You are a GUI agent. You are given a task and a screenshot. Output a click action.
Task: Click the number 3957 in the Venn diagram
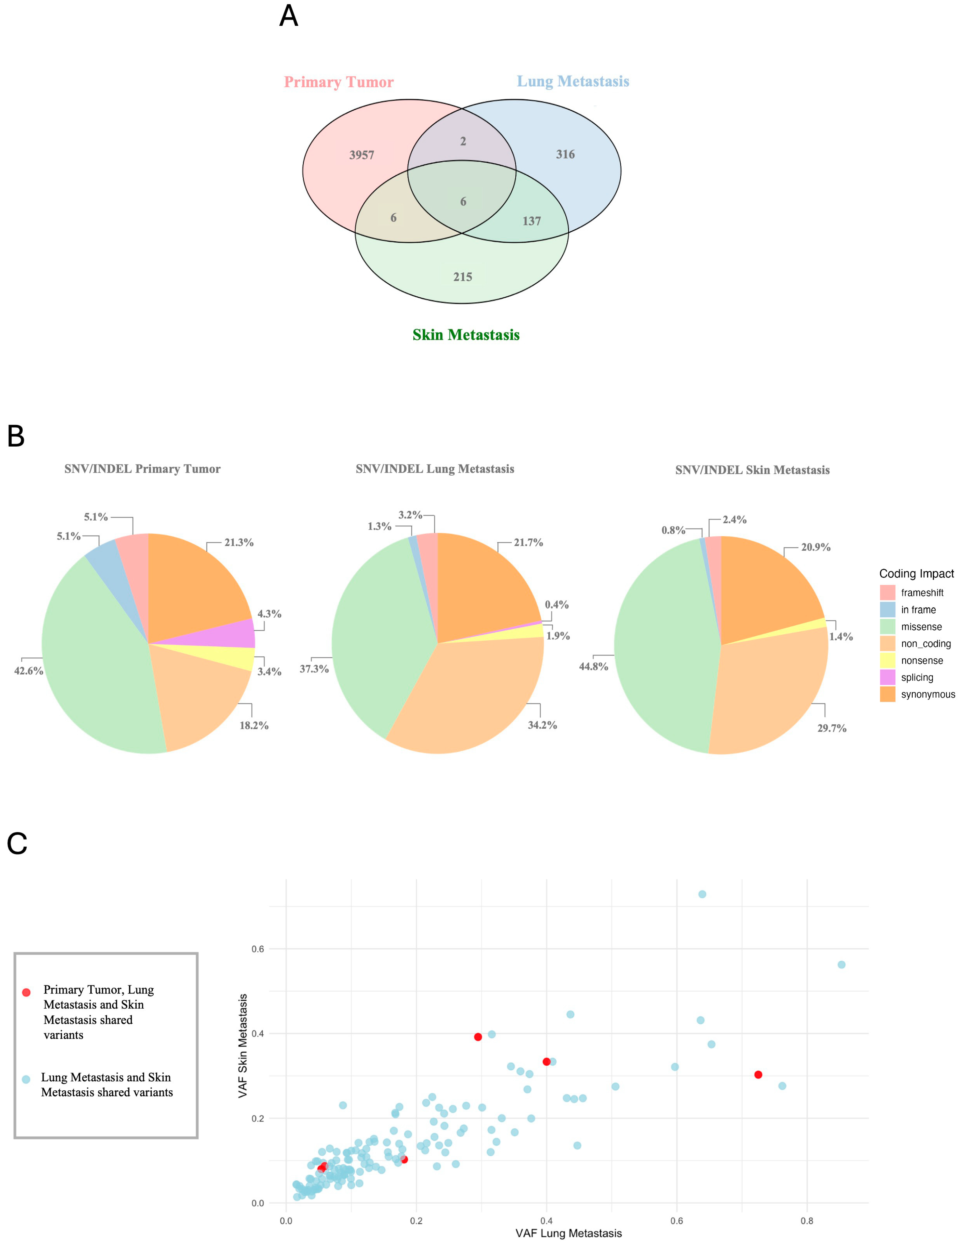361,155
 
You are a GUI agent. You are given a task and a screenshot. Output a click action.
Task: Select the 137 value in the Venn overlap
531,221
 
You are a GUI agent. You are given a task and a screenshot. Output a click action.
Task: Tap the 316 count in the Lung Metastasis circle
565,154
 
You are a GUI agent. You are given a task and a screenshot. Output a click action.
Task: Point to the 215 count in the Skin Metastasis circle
463,277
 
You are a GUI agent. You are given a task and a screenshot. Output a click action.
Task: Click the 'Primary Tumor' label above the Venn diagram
338,82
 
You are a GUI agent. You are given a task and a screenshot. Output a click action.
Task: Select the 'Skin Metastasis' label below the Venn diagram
466,335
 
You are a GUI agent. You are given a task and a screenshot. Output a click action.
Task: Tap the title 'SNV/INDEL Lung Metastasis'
435,469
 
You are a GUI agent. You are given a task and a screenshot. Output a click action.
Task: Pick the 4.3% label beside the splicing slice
269,614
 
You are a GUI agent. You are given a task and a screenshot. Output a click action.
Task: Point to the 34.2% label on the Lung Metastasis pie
542,725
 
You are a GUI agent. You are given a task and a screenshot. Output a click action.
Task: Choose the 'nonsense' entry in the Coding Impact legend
921,661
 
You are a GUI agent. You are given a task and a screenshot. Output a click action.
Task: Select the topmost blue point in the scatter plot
702,894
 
